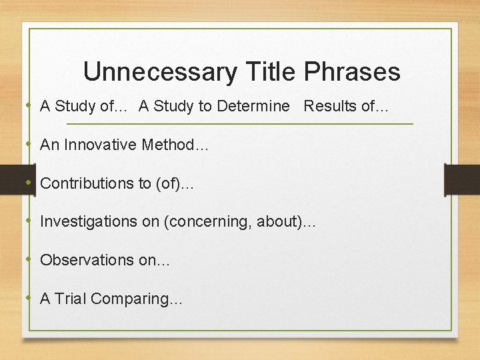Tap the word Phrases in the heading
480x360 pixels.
point(351,72)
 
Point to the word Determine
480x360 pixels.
point(257,107)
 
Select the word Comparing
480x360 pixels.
point(132,299)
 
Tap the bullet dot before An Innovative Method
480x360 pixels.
point(31,144)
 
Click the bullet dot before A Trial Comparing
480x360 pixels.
point(31,298)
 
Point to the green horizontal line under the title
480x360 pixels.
point(240,124)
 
